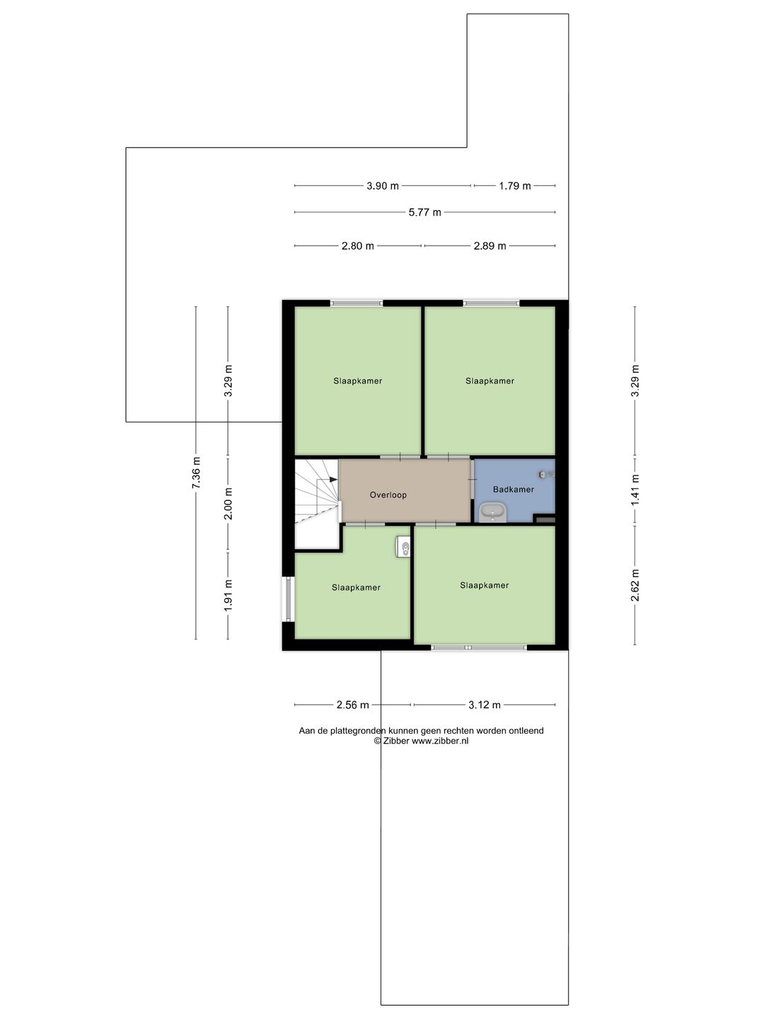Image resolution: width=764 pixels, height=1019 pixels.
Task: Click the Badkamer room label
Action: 513,489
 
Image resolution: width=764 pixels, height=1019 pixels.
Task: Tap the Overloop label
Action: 388,495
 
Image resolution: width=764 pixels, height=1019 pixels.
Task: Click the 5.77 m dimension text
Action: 425,212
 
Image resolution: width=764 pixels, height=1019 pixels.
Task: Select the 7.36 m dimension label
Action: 196,473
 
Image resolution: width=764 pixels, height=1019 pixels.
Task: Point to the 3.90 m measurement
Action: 383,186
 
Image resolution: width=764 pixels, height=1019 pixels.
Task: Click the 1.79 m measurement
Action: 515,186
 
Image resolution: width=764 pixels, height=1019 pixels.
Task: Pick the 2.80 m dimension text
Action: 358,246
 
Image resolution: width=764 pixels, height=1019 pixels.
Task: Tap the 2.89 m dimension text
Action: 490,246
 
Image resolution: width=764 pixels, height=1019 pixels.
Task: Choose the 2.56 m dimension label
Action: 352,706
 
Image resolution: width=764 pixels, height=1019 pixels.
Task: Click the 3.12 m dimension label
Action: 485,706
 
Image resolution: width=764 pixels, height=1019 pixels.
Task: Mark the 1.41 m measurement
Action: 635,490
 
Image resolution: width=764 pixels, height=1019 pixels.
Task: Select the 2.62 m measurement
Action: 635,585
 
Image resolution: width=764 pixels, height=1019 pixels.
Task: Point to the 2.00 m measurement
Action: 228,504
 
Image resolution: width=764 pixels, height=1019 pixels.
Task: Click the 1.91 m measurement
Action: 228,596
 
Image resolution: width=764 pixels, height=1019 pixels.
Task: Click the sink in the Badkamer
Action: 492,514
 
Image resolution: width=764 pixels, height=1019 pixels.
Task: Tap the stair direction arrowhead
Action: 333,480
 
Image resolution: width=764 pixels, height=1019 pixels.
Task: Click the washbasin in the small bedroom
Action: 403,547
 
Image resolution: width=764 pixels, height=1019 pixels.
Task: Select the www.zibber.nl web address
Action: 440,741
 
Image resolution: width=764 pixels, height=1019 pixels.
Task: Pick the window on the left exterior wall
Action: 288,599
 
